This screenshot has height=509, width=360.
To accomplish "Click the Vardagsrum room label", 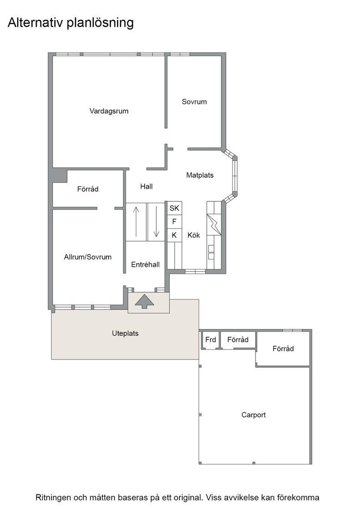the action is pyautogui.click(x=109, y=111).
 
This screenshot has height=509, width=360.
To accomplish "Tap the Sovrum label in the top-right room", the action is pyautogui.click(x=194, y=102).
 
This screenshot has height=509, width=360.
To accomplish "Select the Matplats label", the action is pyautogui.click(x=200, y=175).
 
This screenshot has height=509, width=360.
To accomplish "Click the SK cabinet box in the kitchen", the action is pyautogui.click(x=175, y=208).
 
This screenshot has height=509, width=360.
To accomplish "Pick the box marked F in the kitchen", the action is pyautogui.click(x=175, y=221).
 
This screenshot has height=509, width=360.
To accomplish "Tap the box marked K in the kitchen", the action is pyautogui.click(x=175, y=235).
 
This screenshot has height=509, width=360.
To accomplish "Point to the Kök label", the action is pyautogui.click(x=194, y=235).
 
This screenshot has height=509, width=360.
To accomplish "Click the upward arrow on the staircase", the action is pyautogui.click(x=136, y=222).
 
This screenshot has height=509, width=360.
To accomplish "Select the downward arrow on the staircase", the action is pyautogui.click(x=156, y=222).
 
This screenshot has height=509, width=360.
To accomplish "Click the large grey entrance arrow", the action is pyautogui.click(x=145, y=301).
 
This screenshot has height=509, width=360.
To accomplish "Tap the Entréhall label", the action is pyautogui.click(x=145, y=264).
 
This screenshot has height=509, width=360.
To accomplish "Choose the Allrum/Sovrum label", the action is pyautogui.click(x=88, y=257).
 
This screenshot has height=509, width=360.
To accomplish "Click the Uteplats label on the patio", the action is pyautogui.click(x=125, y=334).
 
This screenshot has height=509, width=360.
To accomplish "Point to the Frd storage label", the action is pyautogui.click(x=210, y=339).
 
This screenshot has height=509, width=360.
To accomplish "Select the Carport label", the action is pyautogui.click(x=254, y=415).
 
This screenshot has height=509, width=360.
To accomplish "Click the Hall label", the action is pyautogui.click(x=146, y=186).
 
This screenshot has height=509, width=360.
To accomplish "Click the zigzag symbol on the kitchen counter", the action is pyautogui.click(x=214, y=224).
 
